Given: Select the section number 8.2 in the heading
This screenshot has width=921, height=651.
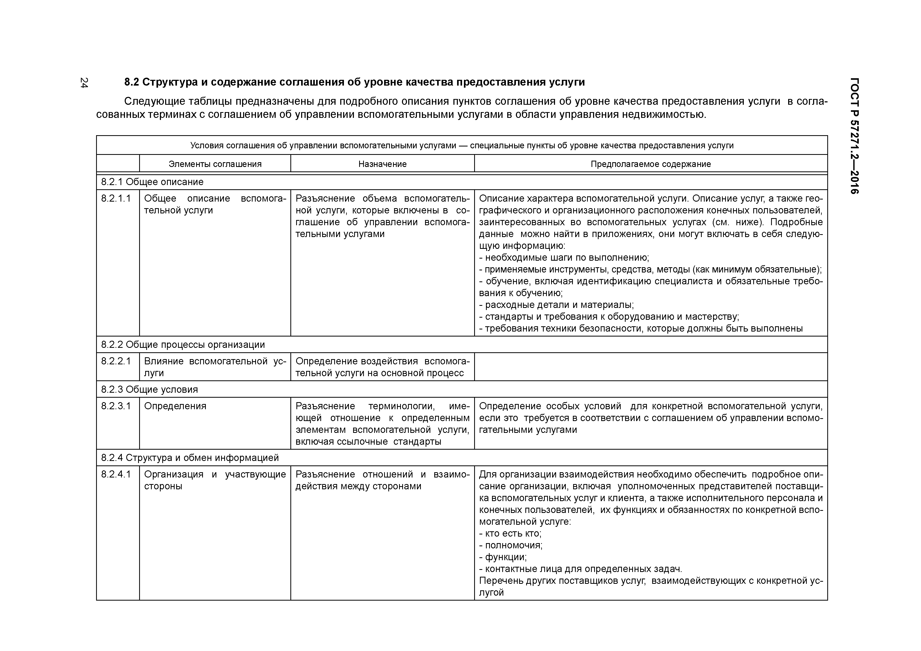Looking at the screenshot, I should [x=131, y=82].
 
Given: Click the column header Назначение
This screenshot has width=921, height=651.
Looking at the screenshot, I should [x=382, y=164].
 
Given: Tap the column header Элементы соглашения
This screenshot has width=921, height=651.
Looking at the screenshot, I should [x=215, y=164].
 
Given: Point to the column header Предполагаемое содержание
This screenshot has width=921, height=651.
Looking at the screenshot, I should [x=651, y=164].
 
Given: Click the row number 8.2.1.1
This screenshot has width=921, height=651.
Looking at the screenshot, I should [x=116, y=198].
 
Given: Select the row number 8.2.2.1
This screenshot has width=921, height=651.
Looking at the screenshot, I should [x=116, y=361].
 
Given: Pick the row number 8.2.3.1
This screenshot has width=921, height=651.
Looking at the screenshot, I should [x=116, y=406].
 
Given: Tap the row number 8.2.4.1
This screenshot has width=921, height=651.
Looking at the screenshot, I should [x=116, y=475].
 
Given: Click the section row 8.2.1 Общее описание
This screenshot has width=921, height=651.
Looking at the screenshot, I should [x=153, y=182].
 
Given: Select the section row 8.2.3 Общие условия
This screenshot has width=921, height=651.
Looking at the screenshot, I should [x=150, y=390].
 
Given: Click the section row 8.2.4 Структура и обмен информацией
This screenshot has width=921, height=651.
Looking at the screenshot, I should [x=190, y=458].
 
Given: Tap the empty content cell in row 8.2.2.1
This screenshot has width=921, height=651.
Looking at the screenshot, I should [x=650, y=367].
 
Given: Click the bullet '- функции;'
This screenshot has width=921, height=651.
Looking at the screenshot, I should [x=503, y=557].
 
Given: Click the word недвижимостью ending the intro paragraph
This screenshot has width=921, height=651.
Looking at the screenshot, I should [x=664, y=115].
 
